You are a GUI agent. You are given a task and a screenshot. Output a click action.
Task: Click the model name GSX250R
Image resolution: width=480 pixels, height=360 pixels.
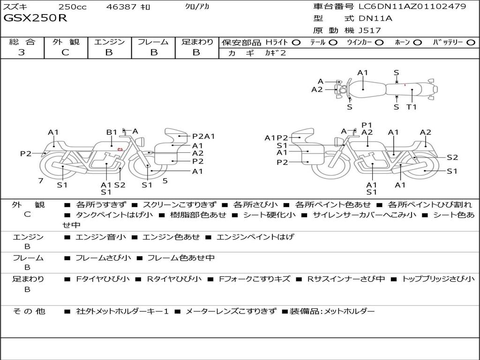[36, 18]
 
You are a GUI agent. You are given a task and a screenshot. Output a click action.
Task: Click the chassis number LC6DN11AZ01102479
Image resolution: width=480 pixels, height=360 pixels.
[412, 7]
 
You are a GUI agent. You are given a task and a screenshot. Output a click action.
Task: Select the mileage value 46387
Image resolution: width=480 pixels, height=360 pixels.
[122, 7]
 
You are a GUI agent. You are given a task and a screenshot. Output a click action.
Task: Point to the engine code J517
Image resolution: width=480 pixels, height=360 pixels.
[370, 30]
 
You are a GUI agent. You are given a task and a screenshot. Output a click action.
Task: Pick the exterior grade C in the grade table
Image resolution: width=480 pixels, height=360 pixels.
[65, 52]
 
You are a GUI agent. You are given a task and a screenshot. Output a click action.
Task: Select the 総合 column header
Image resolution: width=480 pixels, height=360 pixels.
[22, 42]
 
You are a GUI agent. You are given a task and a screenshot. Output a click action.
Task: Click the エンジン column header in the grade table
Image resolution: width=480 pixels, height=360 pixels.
[109, 42]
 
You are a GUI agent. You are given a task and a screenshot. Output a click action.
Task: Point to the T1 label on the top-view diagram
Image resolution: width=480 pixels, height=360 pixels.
[412, 107]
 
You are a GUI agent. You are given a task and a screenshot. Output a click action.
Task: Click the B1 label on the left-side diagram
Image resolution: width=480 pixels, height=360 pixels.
[112, 132]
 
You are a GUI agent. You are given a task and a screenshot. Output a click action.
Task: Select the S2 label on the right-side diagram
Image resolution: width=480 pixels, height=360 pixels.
[452, 157]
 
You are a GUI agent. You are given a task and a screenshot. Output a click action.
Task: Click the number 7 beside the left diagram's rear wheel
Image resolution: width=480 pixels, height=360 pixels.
[41, 180]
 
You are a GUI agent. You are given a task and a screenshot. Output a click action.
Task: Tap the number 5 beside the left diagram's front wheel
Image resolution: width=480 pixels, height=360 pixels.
[165, 180]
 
